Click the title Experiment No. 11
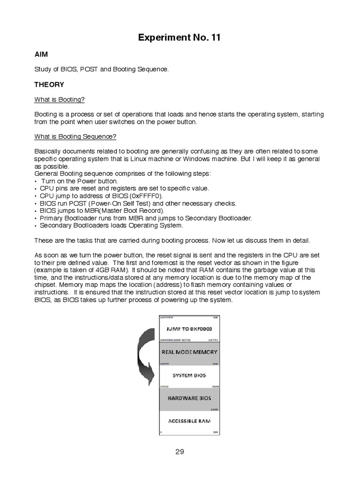[179, 38]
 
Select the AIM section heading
[41, 54]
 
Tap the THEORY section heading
[49, 85]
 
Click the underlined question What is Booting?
[60, 100]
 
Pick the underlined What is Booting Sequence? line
[75, 136]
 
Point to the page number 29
[180, 452]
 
